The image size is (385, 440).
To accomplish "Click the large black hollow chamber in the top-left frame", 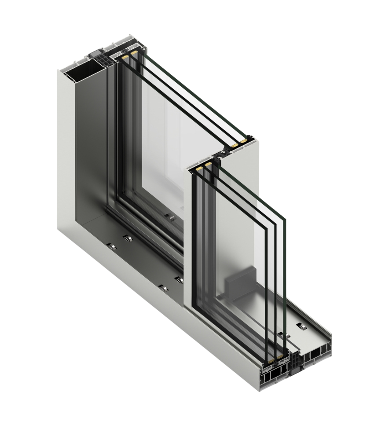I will tap(84, 75).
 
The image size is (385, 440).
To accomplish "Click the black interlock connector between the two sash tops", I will tap(220, 155).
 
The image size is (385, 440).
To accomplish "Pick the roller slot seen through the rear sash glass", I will tap(168, 216).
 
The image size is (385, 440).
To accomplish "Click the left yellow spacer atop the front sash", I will tap(199, 168).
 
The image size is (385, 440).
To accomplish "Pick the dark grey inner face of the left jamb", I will tap(90, 150).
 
